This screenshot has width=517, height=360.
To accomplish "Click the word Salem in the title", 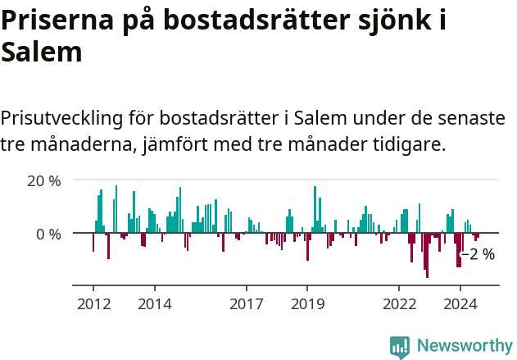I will pyautogui.click(x=42, y=52).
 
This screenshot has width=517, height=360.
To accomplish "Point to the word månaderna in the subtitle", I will pyautogui.click(x=82, y=144).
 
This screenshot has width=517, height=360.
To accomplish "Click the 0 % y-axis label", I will pyautogui.click(x=48, y=234).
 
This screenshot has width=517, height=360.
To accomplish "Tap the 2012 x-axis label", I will pyautogui.click(x=93, y=303).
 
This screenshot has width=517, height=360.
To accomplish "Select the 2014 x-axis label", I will pyautogui.click(x=154, y=303).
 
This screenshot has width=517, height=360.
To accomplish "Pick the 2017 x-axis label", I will pyautogui.click(x=246, y=303).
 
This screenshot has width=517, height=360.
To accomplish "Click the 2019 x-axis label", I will pyautogui.click(x=307, y=303).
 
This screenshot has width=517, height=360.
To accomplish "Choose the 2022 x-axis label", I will pyautogui.click(x=399, y=303).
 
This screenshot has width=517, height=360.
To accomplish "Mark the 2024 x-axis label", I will pyautogui.click(x=460, y=303).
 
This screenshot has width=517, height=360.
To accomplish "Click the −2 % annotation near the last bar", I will pyautogui.click(x=478, y=255).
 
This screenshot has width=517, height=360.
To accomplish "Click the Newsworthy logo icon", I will pyautogui.click(x=400, y=346).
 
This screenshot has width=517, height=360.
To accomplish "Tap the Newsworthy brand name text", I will pyautogui.click(x=464, y=346).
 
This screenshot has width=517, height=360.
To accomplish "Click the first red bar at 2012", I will pyautogui.click(x=93, y=243).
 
